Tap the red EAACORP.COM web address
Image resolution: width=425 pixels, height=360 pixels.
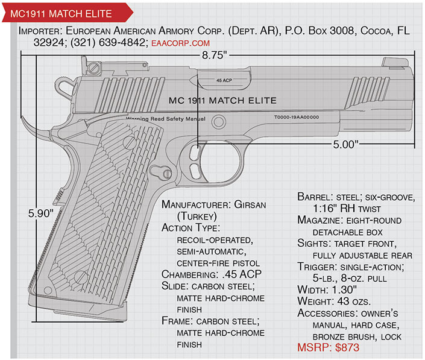coord(180,43)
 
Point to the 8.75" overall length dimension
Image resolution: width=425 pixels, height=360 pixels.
coord(214,55)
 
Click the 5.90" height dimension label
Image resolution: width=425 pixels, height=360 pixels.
coord(40,213)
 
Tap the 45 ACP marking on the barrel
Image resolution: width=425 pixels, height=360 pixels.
coord(224,80)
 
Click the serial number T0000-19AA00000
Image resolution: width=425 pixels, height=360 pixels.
coord(297,117)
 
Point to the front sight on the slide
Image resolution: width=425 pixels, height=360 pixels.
coord(395,62)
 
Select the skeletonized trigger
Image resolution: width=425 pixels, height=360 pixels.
coord(195,162)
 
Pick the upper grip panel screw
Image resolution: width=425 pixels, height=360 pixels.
coord(129,142)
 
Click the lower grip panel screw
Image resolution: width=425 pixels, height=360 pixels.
coord(81,277)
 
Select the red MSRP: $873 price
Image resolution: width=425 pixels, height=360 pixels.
coord(328,347)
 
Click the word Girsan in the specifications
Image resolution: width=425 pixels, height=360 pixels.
coord(250,204)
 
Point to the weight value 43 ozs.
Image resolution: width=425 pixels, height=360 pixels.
coord(354,301)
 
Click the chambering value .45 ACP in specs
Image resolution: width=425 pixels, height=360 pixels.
coord(242,274)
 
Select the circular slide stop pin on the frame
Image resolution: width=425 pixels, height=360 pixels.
coord(218,122)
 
